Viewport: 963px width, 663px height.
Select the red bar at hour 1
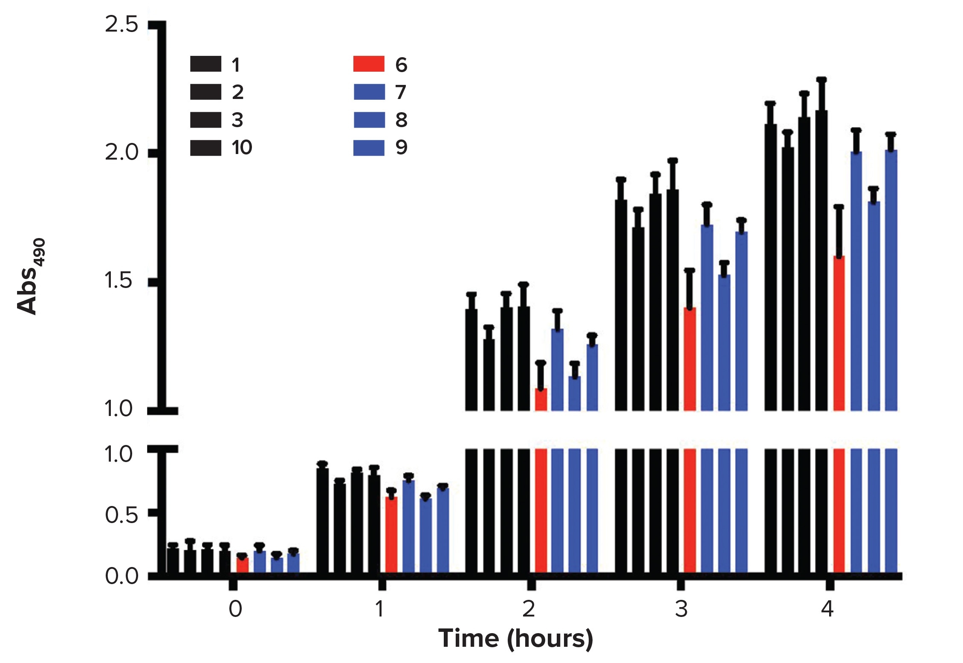point(391,535)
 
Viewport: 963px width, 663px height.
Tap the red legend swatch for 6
point(368,64)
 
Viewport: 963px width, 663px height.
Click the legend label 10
point(242,148)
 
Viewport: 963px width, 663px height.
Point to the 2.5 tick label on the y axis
point(121,25)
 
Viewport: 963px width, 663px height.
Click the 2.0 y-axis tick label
point(121,153)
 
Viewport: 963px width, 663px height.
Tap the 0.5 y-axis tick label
point(121,515)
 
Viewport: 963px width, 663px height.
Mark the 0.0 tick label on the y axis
point(121,576)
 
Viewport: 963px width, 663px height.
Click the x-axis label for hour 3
point(681,609)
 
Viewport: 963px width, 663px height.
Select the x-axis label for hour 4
point(827,609)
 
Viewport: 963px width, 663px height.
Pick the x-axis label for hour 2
point(529,609)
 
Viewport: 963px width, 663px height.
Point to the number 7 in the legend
point(401,92)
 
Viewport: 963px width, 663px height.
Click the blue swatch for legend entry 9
point(368,148)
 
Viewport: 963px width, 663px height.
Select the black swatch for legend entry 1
point(205,64)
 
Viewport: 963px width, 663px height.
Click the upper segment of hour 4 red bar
point(839,333)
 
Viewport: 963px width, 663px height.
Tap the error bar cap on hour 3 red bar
point(689,270)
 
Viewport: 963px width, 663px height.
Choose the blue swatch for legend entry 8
point(368,120)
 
